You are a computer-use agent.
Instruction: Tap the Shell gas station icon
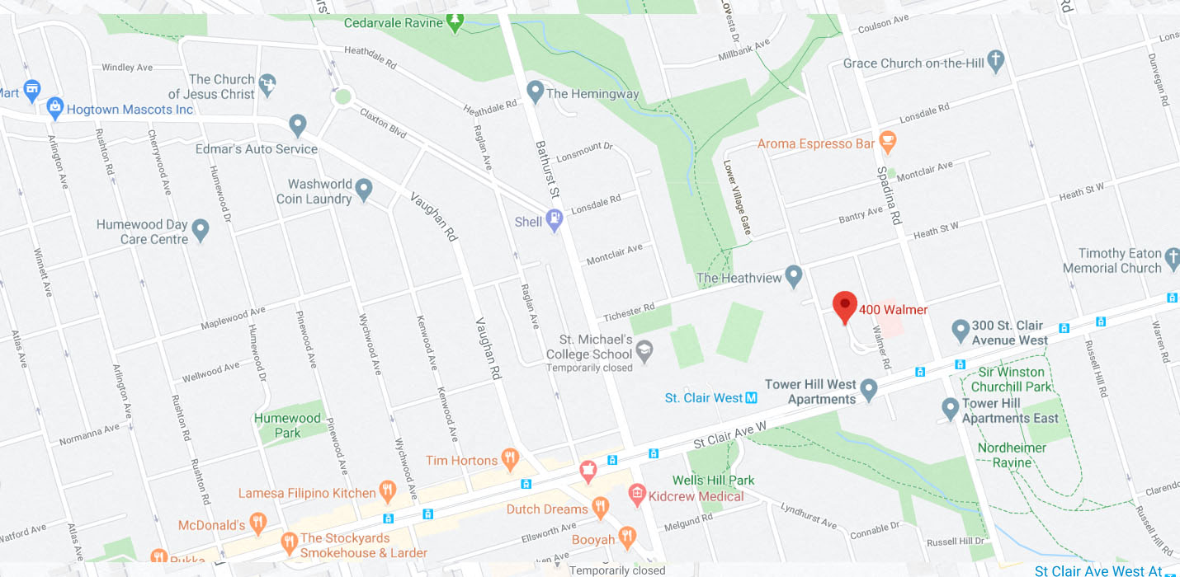555,220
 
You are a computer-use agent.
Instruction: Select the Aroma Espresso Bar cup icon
888,142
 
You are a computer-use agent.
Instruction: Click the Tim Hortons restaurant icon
510,459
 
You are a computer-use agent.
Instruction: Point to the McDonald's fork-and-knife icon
258,523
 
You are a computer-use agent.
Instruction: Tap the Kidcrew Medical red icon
636,495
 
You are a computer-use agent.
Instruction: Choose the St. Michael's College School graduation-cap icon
644,353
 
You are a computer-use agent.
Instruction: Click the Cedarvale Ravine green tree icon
455,21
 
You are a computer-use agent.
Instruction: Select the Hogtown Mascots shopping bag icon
55,107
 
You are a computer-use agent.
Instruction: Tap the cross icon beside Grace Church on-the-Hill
996,61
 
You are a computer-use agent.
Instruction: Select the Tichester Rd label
629,312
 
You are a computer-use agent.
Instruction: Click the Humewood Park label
287,425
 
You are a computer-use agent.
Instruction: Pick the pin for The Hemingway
535,91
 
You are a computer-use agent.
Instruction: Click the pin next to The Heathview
794,275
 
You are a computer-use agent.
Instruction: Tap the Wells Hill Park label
713,480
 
